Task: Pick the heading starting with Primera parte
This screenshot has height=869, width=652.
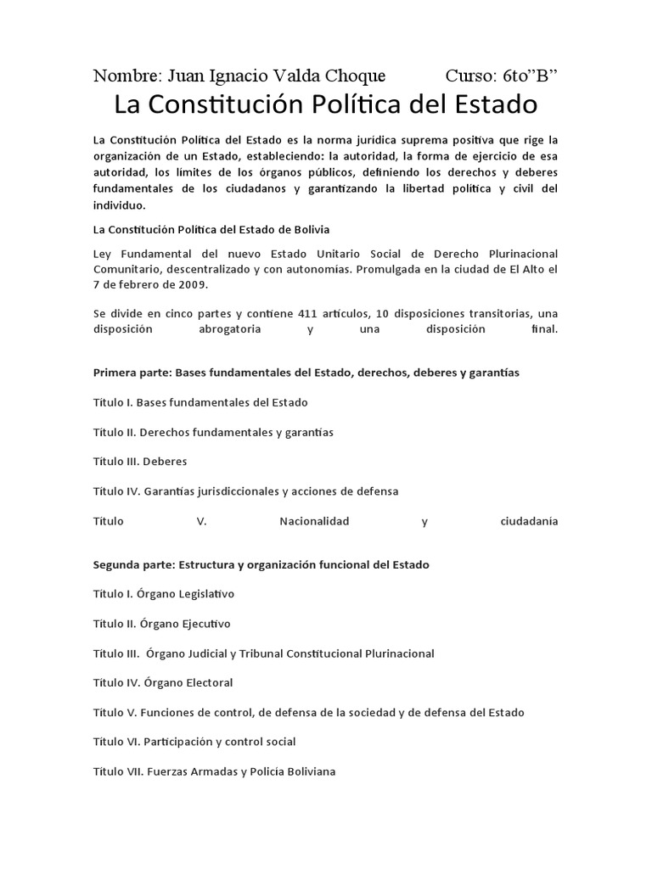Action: [306, 373]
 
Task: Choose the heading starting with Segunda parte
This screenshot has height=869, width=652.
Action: [261, 564]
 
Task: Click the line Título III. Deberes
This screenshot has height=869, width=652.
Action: [140, 462]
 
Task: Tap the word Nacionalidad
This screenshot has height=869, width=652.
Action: [314, 520]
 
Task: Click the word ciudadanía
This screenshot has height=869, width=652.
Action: [529, 520]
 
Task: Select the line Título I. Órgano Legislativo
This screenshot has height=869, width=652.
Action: [164, 594]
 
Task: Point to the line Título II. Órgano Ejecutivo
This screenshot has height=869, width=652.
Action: [162, 624]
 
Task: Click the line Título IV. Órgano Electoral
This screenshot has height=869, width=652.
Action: [163, 682]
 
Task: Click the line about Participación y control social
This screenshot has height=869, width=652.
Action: [194, 742]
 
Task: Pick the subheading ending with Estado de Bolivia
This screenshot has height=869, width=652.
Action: [211, 229]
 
